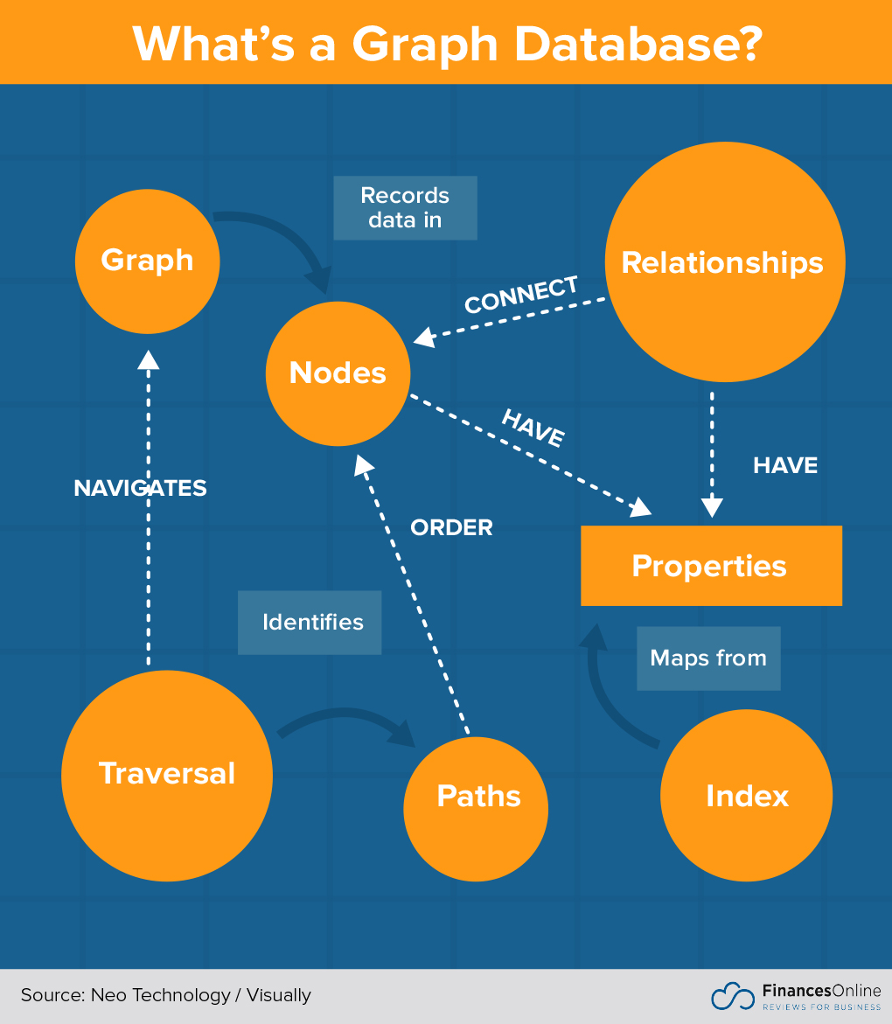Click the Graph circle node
click(147, 261)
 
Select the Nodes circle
click(338, 373)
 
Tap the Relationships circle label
click(722, 262)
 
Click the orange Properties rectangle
click(710, 566)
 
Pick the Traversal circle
click(166, 774)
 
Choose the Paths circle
click(477, 796)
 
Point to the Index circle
click(746, 796)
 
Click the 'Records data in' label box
click(405, 208)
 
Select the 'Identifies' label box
click(310, 623)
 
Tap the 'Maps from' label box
click(707, 658)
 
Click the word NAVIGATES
click(140, 488)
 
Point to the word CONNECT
click(521, 295)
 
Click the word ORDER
click(451, 528)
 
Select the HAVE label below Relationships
click(784, 466)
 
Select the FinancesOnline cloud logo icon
click(732, 996)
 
